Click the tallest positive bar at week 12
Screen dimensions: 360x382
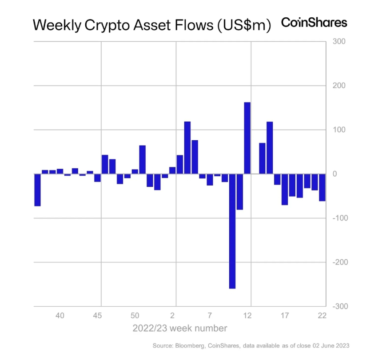coord(247,138)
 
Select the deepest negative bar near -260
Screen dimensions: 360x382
coord(232,231)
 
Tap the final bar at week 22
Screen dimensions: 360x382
coord(322,187)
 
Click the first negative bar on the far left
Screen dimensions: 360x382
coord(37,190)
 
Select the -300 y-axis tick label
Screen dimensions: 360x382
coord(335,307)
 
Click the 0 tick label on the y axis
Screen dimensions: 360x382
coord(335,174)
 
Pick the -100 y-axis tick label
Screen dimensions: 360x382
coord(335,218)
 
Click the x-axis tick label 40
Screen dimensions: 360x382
coord(60,316)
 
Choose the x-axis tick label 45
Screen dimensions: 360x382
coord(98,316)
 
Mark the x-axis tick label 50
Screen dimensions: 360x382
coord(135,316)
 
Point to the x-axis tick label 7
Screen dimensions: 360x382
coord(210,316)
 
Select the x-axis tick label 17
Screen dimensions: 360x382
coord(285,316)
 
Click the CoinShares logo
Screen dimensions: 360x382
coord(314,23)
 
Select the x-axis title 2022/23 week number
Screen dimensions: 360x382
coord(180,329)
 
